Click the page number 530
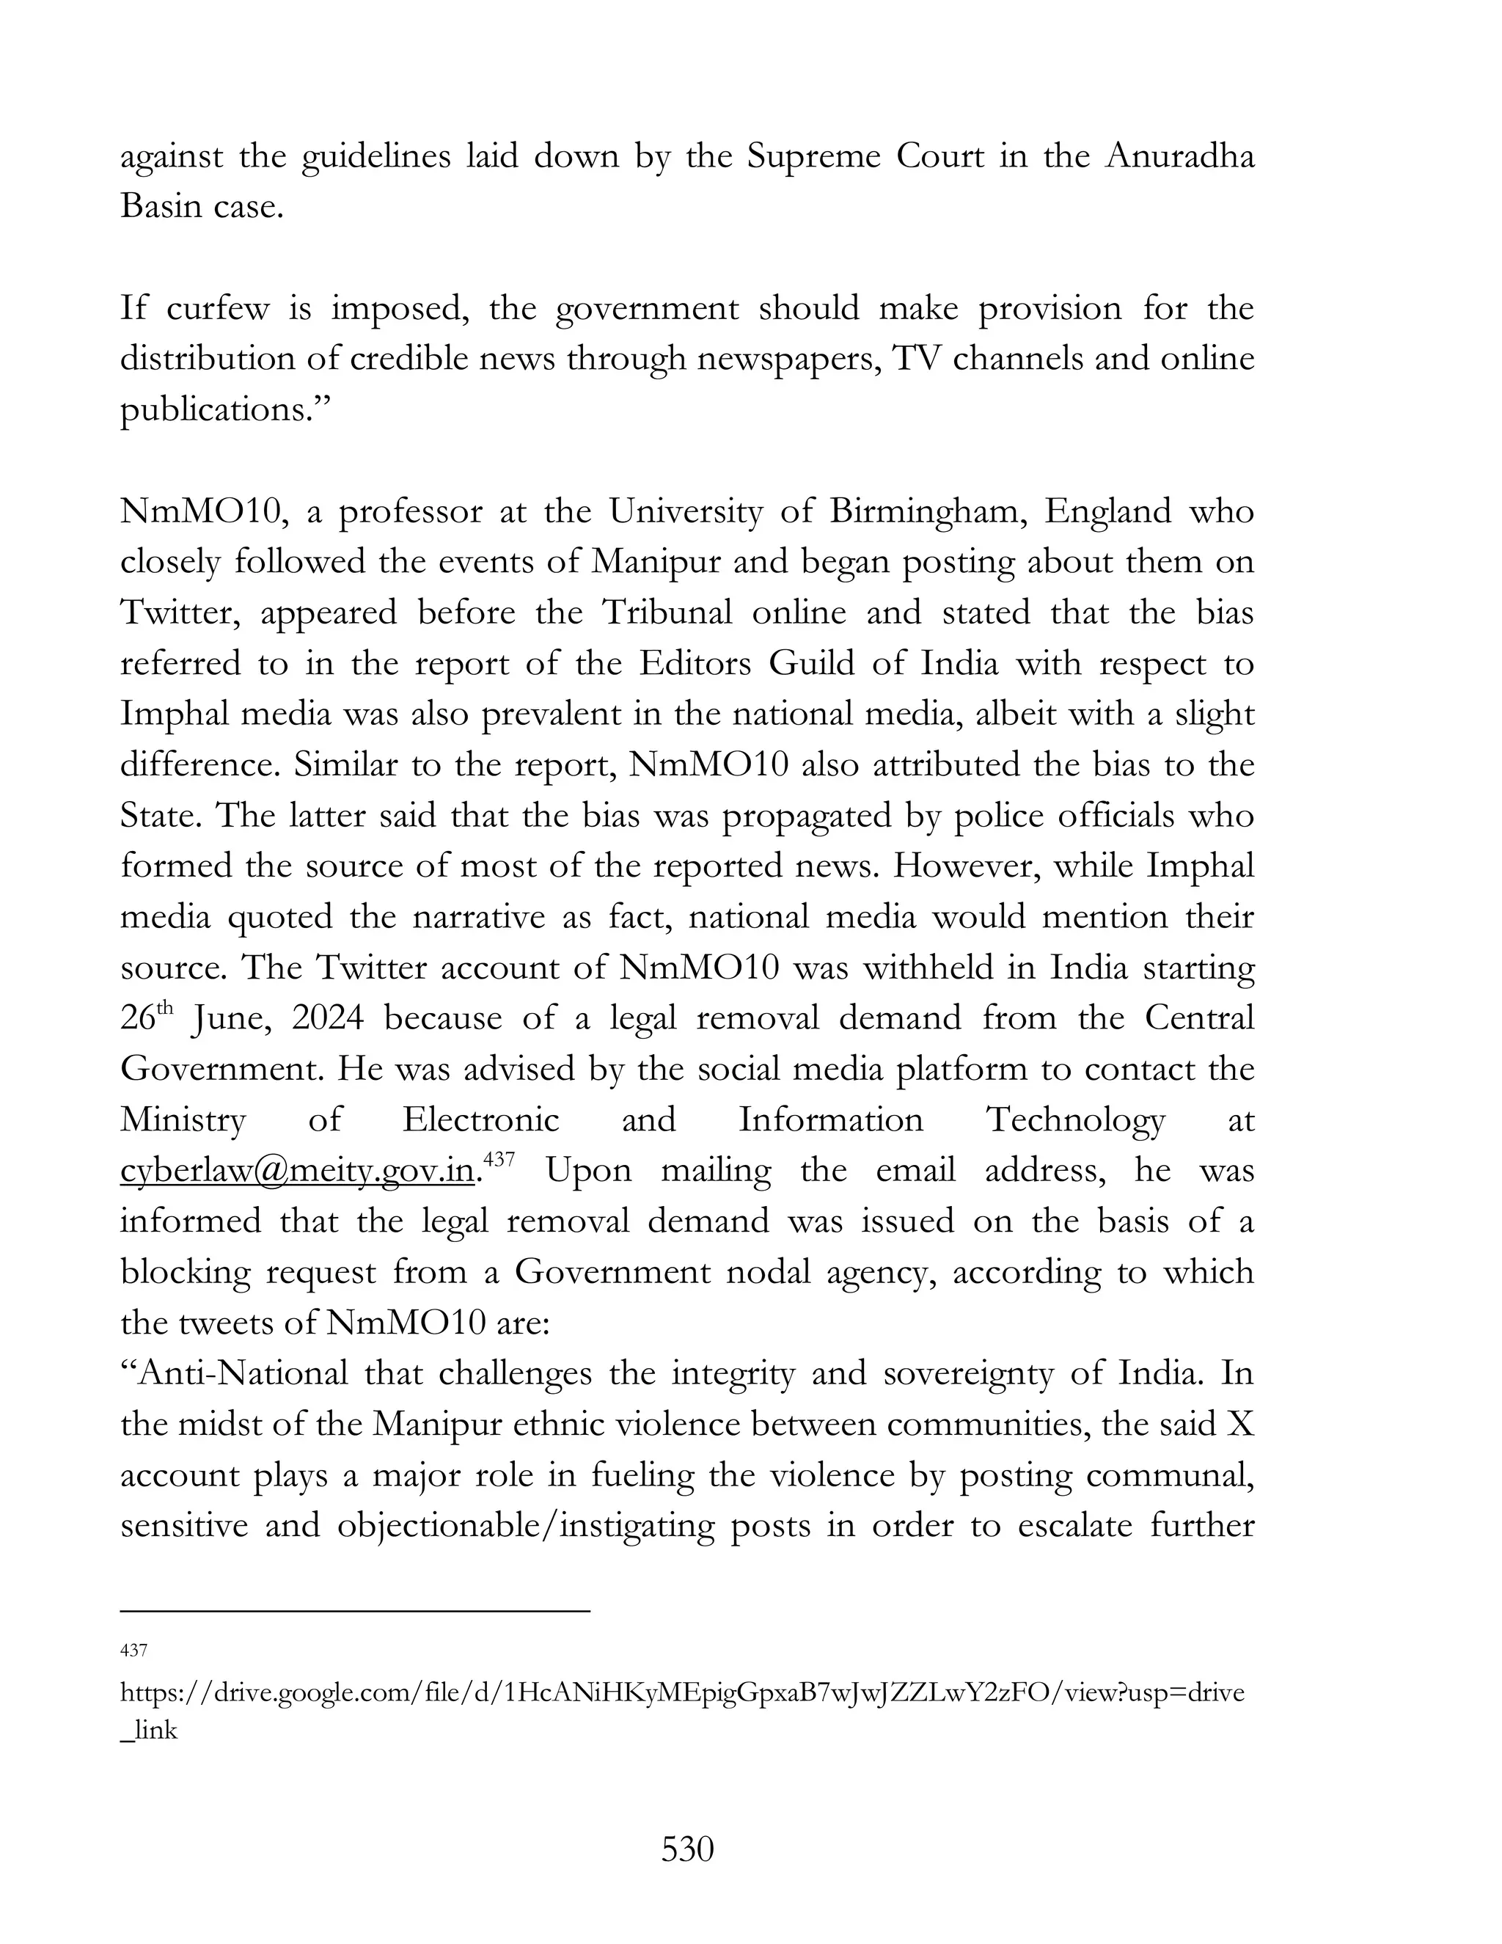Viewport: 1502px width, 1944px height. point(688,1849)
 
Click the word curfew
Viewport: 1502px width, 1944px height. point(217,309)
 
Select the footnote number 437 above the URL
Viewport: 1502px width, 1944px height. point(133,1651)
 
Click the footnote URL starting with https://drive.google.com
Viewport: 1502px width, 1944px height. point(681,1692)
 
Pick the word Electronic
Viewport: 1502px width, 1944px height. point(480,1119)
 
